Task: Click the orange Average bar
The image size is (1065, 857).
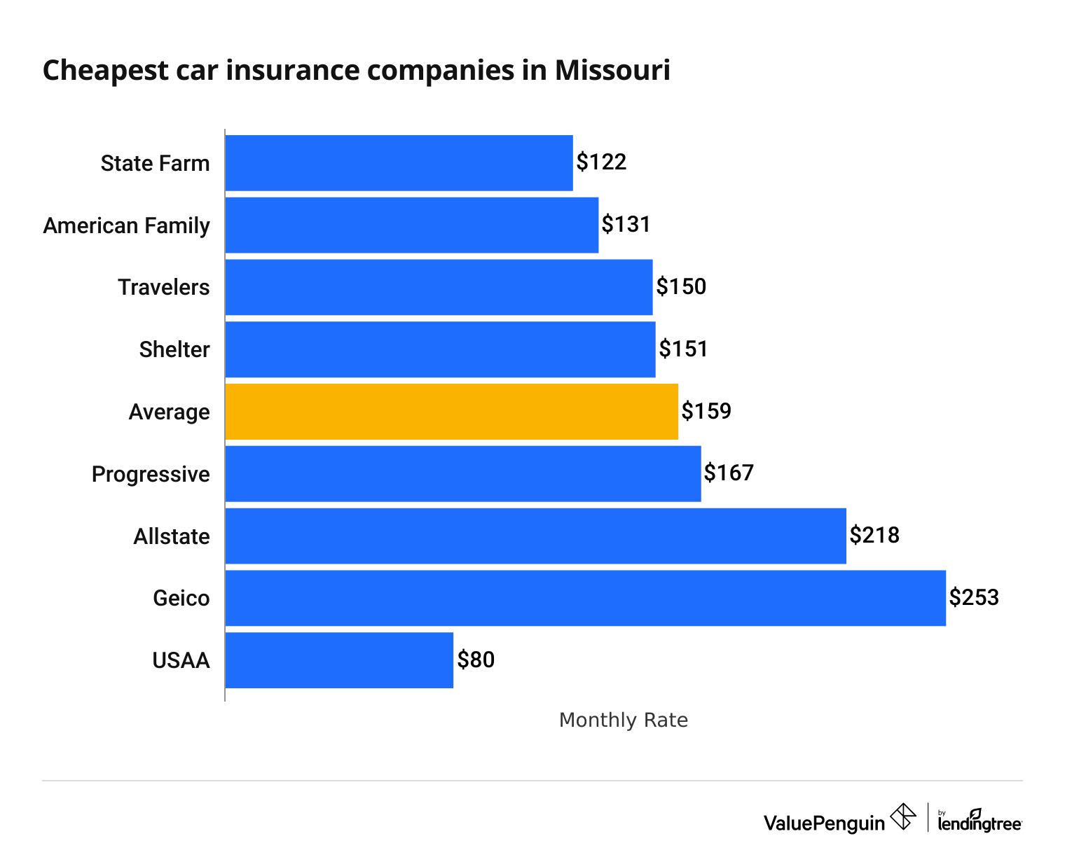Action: (x=451, y=412)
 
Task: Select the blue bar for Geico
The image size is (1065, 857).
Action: (x=585, y=598)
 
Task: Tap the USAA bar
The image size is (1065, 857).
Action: (x=339, y=660)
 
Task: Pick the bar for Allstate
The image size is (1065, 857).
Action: (x=535, y=536)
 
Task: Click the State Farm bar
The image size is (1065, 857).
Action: (x=399, y=163)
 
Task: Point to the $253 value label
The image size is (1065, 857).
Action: (x=974, y=597)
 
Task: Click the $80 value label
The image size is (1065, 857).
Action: (x=476, y=660)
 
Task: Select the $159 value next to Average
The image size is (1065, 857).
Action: (x=706, y=411)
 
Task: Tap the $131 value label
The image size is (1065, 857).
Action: (x=626, y=225)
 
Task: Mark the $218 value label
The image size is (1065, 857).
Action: (x=874, y=536)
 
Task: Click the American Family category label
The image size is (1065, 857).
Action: (x=127, y=225)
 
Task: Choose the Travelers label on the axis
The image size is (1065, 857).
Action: (x=164, y=287)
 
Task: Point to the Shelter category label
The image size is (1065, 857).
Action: (x=174, y=349)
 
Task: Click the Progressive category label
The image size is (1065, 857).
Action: (x=151, y=474)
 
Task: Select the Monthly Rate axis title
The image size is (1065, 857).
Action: (x=623, y=720)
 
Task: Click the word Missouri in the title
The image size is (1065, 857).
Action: (x=612, y=71)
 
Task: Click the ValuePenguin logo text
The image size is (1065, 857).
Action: (x=824, y=823)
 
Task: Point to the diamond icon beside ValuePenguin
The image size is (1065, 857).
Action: (x=903, y=816)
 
